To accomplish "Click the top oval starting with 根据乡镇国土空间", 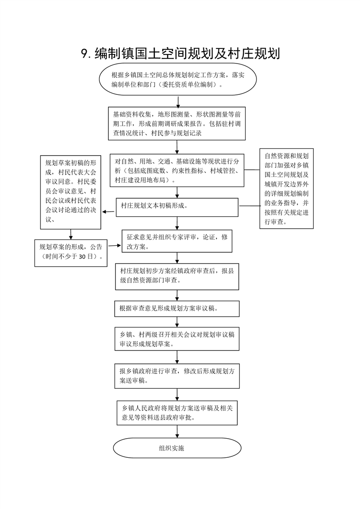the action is click(x=178, y=79).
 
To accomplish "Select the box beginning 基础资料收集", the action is click(x=177, y=124).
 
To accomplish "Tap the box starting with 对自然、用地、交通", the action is click(x=177, y=171).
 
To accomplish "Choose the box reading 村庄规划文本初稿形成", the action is click(x=177, y=207).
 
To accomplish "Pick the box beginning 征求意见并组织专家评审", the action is click(x=177, y=241).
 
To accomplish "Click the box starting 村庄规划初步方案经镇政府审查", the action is click(x=177, y=277).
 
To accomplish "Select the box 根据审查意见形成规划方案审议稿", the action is click(x=177, y=308).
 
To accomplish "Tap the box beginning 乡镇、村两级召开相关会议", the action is click(x=177, y=339).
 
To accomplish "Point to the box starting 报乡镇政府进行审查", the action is click(x=177, y=376).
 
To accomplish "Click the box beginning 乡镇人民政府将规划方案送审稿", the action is click(x=177, y=413).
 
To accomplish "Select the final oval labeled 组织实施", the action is click(x=177, y=448).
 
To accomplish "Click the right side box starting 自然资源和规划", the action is click(x=286, y=189).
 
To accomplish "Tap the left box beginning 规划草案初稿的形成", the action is click(x=71, y=192).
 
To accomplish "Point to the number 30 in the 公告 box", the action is click(x=82, y=256).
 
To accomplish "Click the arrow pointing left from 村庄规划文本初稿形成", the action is click(x=108, y=212).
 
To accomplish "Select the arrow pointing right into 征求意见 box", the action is click(x=114, y=245).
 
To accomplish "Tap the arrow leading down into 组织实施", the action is click(x=178, y=431).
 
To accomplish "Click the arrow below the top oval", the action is click(x=178, y=102).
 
